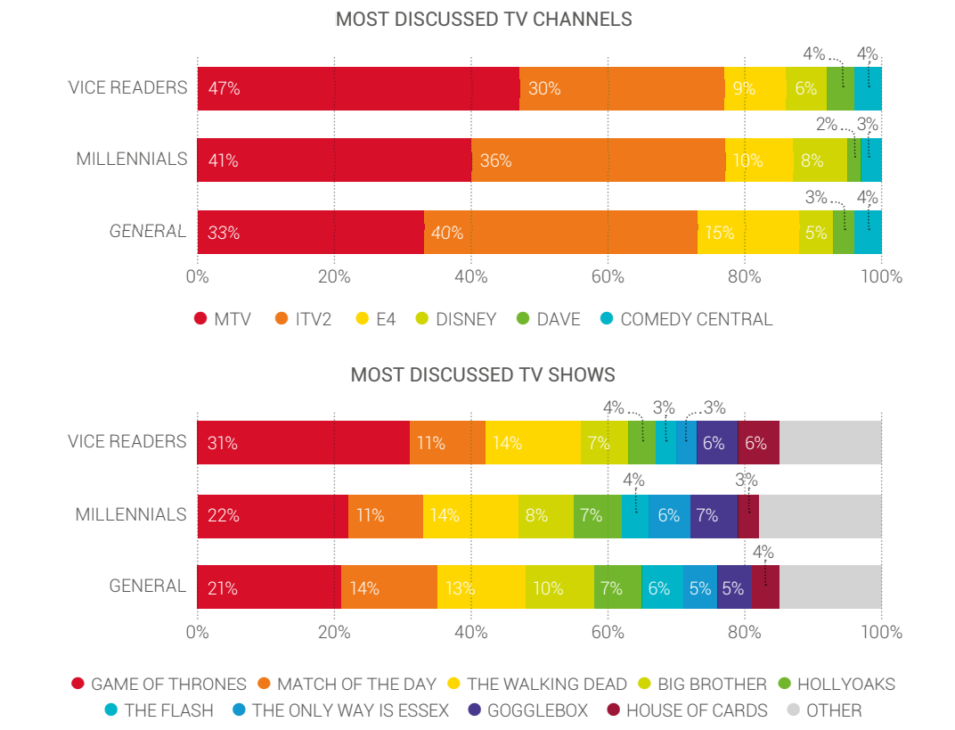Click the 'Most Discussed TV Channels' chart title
coord(484,19)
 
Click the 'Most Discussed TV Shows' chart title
coord(483,374)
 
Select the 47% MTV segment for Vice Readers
coord(357,88)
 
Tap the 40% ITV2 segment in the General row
coord(560,233)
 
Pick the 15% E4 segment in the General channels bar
coord(747,233)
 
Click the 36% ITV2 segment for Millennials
coord(598,160)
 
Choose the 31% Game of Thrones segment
coord(303,442)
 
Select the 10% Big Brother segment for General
coord(559,587)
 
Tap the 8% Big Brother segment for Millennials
coord(546,515)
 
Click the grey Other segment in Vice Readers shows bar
coord(830,442)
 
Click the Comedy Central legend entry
coord(687,319)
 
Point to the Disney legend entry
coord(456,319)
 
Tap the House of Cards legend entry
coord(687,710)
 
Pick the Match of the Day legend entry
coord(347,685)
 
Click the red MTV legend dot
coord(200,319)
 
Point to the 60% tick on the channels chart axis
coord(608,276)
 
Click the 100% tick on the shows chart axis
coord(881,632)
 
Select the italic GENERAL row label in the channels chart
coord(148,232)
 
